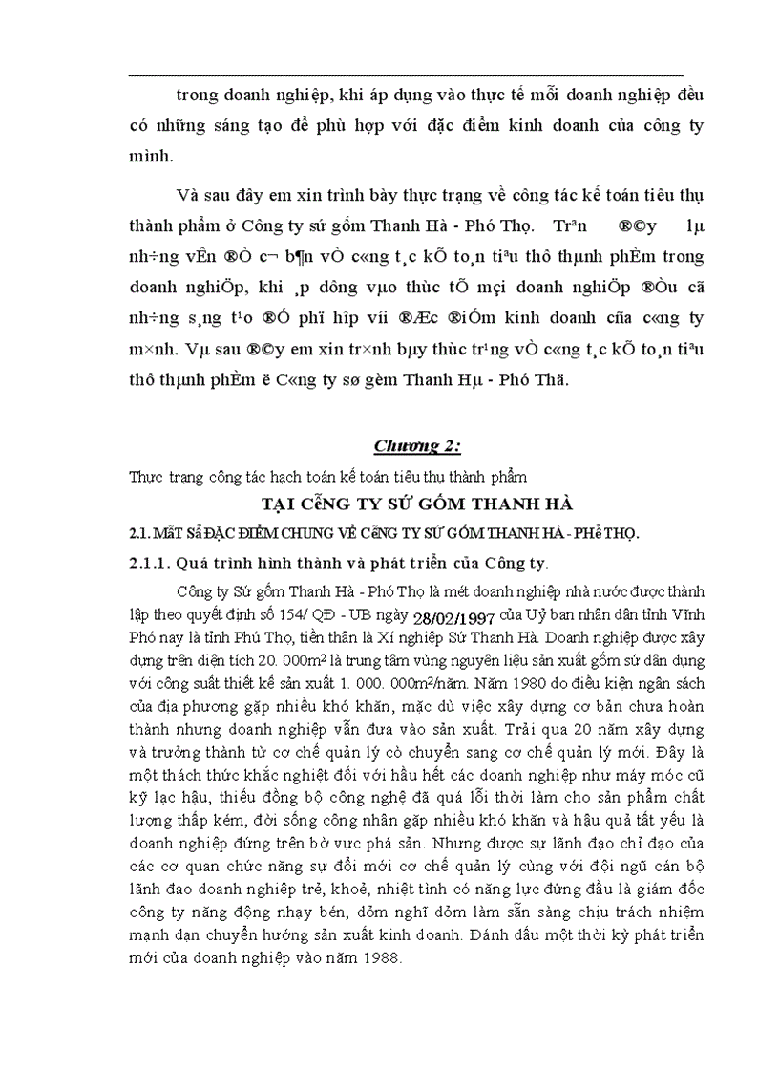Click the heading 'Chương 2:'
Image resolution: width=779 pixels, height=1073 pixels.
pos(415,446)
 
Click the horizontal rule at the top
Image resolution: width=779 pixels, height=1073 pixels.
pos(406,75)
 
